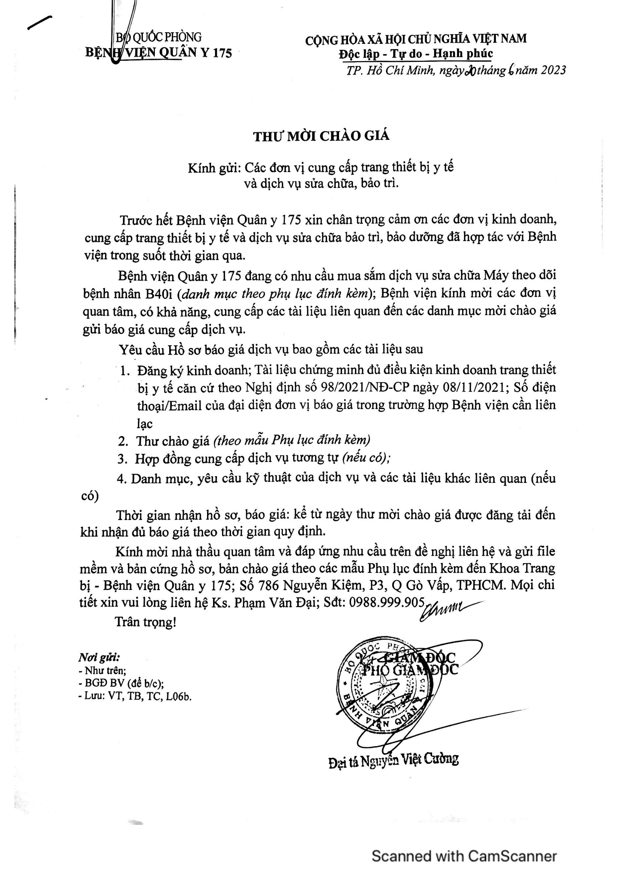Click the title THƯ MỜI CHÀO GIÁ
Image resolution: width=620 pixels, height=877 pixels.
tap(321, 136)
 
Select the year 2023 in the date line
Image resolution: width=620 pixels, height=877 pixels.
tap(552, 70)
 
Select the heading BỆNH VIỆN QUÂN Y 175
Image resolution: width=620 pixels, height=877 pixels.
tap(159, 53)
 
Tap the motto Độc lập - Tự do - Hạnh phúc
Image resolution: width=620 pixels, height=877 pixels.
tap(416, 54)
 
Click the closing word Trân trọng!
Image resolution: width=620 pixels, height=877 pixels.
tap(146, 622)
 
